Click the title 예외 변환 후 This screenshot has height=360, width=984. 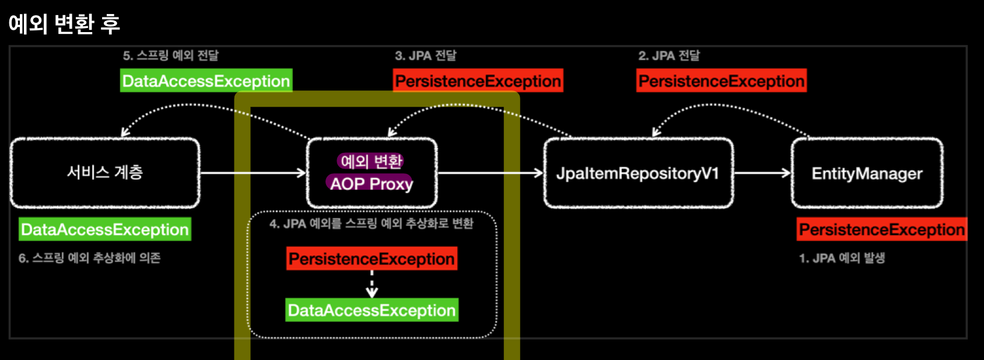(x=64, y=24)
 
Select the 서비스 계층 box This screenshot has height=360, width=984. (x=105, y=173)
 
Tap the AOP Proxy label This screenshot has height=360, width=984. (x=371, y=184)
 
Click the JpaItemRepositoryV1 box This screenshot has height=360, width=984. (x=638, y=173)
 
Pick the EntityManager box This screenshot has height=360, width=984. (x=867, y=173)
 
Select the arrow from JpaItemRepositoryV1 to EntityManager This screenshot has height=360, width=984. (x=762, y=173)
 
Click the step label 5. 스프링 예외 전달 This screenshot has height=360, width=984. (x=170, y=55)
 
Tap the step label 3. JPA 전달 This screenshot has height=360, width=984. (x=425, y=55)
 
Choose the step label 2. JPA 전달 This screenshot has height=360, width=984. (x=668, y=55)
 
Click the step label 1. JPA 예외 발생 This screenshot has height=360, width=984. (x=842, y=258)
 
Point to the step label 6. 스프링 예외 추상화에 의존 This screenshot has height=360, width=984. (x=89, y=258)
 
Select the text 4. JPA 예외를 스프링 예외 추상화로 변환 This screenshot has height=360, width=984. (x=372, y=223)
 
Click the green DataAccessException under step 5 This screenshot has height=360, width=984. (x=206, y=81)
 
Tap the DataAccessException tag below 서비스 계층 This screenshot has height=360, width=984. (x=105, y=229)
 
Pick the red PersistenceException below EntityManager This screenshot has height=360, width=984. (x=881, y=229)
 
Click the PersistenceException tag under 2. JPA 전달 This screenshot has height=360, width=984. (x=722, y=81)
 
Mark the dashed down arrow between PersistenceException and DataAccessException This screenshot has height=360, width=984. (x=372, y=284)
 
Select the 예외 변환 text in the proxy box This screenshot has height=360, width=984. (x=371, y=161)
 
